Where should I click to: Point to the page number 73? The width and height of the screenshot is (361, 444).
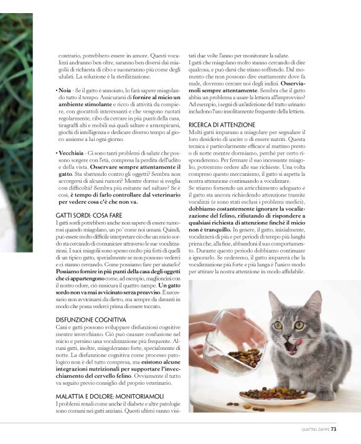coord(334,428)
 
